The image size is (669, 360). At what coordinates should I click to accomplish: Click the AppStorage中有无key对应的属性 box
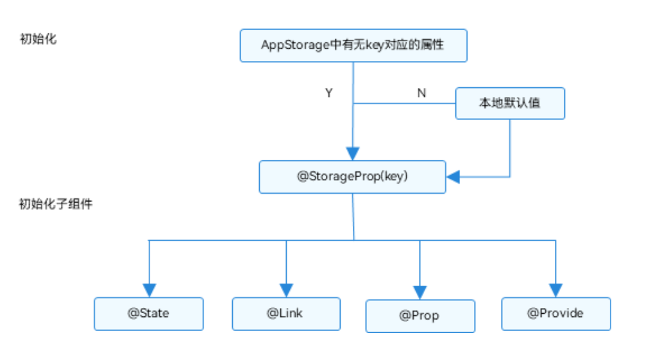[x=353, y=46]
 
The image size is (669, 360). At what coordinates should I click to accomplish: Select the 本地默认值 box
[x=510, y=103]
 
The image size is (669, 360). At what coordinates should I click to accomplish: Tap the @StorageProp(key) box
[x=352, y=177]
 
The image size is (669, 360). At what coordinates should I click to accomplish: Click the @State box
[x=148, y=314]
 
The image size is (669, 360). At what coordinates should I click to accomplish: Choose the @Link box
[x=286, y=314]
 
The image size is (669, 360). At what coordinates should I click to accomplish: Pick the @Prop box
[x=420, y=316]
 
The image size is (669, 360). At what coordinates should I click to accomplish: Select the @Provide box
[x=555, y=314]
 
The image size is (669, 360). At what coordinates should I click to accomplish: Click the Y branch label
[x=329, y=94]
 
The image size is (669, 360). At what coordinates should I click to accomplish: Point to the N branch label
[x=421, y=94]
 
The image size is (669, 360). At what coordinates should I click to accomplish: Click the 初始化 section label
[x=38, y=39]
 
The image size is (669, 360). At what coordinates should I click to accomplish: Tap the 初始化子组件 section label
[x=56, y=205]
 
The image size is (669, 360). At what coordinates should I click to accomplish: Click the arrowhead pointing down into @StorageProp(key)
[x=353, y=153]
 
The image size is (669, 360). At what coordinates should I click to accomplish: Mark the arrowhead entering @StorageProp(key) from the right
[x=453, y=177]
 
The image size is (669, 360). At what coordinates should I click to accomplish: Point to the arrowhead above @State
[x=149, y=289]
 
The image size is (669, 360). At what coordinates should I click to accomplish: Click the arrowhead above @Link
[x=286, y=289]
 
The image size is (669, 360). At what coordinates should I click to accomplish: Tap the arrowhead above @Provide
[x=555, y=289]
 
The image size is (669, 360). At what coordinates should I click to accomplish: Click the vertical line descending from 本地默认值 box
[x=510, y=148]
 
